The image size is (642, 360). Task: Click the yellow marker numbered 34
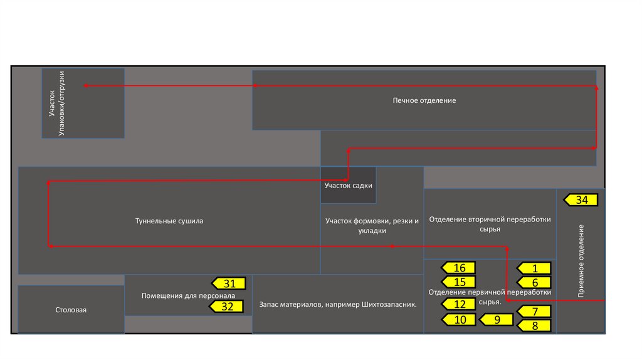click(581, 200)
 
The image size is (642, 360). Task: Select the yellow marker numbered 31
click(229, 283)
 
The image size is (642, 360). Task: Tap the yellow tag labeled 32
click(227, 307)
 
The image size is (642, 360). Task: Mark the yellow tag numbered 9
click(497, 319)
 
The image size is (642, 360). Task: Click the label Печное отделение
click(424, 100)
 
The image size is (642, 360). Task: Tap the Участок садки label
click(349, 186)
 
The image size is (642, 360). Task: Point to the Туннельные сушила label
click(169, 221)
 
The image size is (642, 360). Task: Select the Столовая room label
click(71, 310)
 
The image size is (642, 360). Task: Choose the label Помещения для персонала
click(187, 295)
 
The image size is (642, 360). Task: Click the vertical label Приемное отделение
click(581, 260)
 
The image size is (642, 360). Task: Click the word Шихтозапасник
click(389, 305)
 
